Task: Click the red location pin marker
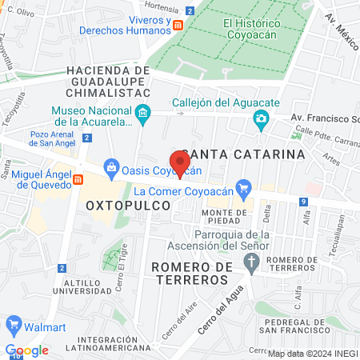180,162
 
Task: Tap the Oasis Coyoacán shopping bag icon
112,169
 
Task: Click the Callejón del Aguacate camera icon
261,120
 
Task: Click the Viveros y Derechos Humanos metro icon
178,25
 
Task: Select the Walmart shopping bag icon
13,325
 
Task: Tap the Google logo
26,350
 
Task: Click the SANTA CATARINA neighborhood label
243,153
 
